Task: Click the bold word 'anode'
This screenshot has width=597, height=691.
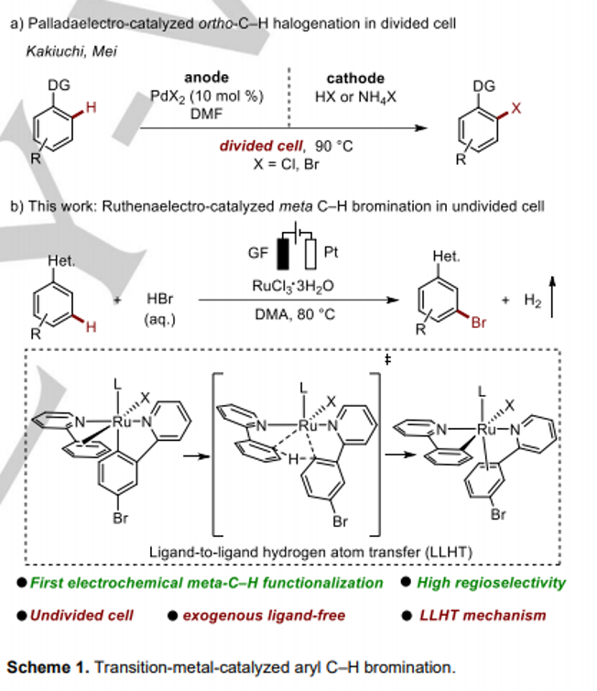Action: tap(207, 77)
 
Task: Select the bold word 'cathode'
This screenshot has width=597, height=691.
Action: tap(355, 78)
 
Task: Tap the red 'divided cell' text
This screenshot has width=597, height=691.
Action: tap(261, 146)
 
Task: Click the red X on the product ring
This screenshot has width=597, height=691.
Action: tap(516, 108)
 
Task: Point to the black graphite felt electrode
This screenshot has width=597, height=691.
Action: tap(283, 254)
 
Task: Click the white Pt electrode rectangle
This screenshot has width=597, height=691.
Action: tap(310, 254)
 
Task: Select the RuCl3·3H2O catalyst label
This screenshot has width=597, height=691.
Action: tap(293, 287)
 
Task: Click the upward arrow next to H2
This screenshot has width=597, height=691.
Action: tap(552, 297)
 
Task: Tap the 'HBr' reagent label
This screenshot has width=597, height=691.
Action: tap(160, 299)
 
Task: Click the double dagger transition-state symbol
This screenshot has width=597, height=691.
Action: tap(387, 360)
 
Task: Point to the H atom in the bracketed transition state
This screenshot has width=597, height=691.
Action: tap(293, 460)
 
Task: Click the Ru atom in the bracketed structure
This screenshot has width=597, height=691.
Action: tap(308, 425)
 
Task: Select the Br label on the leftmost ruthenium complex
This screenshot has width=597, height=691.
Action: tap(120, 518)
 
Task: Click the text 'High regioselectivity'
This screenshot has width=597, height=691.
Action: tap(491, 583)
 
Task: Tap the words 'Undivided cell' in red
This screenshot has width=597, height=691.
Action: tap(81, 615)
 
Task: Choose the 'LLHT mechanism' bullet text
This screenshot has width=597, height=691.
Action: tap(483, 615)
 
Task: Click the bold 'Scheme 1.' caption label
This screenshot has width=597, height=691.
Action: tap(48, 667)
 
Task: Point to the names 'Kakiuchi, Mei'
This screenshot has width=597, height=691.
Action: tap(71, 51)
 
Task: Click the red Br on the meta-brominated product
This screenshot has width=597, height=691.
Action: tap(479, 323)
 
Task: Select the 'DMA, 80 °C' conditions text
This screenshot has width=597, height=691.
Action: tap(295, 314)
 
